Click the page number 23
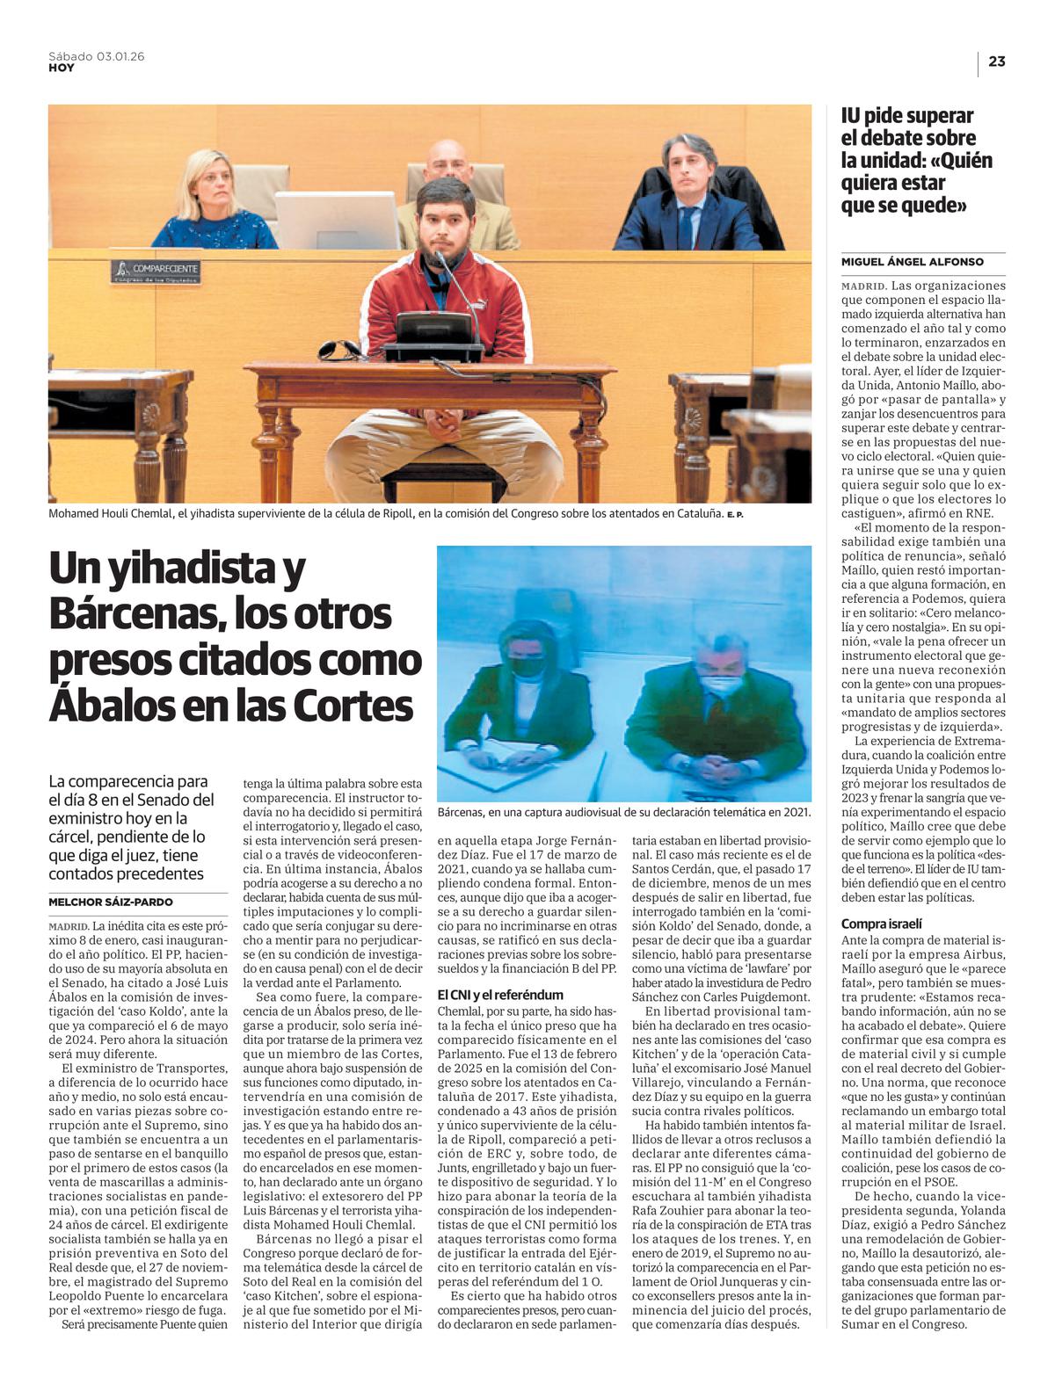coord(997,62)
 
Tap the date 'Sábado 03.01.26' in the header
coord(97,56)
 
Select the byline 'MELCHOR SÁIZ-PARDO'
coord(111,902)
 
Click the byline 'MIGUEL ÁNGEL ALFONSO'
coord(913,262)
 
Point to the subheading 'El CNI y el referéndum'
coord(500,995)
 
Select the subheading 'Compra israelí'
coord(882,924)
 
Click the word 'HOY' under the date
coord(62,68)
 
